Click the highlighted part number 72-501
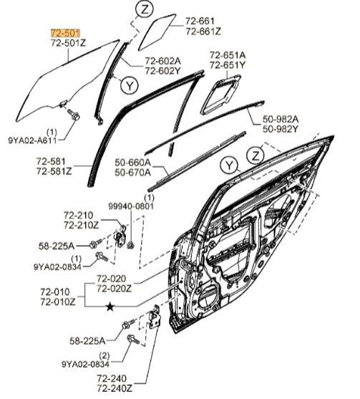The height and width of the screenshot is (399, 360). pyautogui.click(x=66, y=33)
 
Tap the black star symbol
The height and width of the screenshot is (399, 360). pyautogui.click(x=110, y=307)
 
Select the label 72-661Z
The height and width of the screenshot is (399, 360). pyautogui.click(x=203, y=32)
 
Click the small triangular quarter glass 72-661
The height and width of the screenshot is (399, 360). pyautogui.click(x=157, y=32)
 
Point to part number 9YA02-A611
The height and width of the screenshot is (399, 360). pyautogui.click(x=32, y=140)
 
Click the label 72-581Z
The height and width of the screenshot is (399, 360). pyautogui.click(x=54, y=171)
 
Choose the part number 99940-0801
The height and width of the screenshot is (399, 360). pyautogui.click(x=131, y=206)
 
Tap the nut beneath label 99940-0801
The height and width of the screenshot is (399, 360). pyautogui.click(x=131, y=245)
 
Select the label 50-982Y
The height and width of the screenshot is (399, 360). pyautogui.click(x=280, y=129)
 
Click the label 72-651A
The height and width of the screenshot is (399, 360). pyautogui.click(x=228, y=55)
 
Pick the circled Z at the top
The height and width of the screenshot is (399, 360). pyautogui.click(x=145, y=10)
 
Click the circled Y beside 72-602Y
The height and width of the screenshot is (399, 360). pyautogui.click(x=130, y=85)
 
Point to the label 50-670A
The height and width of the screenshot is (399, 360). pyautogui.click(x=132, y=173)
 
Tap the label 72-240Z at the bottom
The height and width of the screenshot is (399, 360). pyautogui.click(x=115, y=388)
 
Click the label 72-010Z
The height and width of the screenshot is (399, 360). pyautogui.click(x=58, y=302)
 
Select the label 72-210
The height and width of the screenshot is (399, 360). pyautogui.click(x=78, y=216)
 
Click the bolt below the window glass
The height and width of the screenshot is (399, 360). pyautogui.click(x=74, y=114)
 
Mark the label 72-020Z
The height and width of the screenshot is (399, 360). pyautogui.click(x=114, y=289)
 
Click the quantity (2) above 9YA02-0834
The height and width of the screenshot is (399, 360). pyautogui.click(x=104, y=355)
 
